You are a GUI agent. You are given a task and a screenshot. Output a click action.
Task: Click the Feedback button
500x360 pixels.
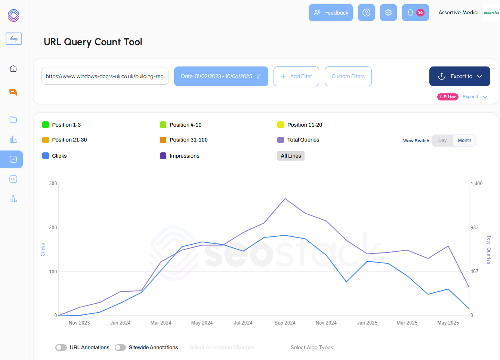pyautogui.click(x=331, y=13)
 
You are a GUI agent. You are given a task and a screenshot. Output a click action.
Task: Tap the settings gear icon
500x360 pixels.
pyautogui.click(x=388, y=13)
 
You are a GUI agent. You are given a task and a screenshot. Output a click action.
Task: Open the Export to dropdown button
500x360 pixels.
pyautogui.click(x=460, y=76)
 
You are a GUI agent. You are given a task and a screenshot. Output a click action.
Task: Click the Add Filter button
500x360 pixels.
pyautogui.click(x=296, y=76)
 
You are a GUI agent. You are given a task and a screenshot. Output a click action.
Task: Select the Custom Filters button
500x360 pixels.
pyautogui.click(x=348, y=76)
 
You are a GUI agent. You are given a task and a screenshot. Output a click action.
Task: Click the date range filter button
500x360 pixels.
pyautogui.click(x=221, y=76)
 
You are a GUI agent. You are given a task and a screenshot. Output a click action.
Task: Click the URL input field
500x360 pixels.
pyautogui.click(x=105, y=76)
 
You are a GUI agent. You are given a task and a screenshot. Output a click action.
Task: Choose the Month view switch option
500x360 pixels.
pyautogui.click(x=464, y=140)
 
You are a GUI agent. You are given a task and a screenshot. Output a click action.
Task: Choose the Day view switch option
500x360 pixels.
pyautogui.click(x=442, y=140)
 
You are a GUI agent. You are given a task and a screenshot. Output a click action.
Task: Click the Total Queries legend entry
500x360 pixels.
pyautogui.click(x=303, y=140)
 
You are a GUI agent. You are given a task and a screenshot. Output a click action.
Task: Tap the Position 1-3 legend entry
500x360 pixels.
pyautogui.click(x=66, y=125)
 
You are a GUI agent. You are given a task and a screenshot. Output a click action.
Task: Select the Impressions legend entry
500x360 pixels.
pyautogui.click(x=184, y=156)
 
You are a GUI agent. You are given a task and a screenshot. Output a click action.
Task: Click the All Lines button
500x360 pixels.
pyautogui.click(x=291, y=156)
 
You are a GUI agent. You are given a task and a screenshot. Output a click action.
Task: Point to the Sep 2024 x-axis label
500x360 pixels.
pyautogui.click(x=285, y=323)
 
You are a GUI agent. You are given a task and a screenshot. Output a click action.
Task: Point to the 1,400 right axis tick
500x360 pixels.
pyautogui.click(x=476, y=183)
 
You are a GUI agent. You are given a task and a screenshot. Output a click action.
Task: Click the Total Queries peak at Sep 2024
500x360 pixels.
pyautogui.click(x=285, y=199)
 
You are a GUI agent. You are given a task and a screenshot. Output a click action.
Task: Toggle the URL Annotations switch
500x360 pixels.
pyautogui.click(x=61, y=347)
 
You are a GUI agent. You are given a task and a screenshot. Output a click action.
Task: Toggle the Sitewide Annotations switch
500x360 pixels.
pyautogui.click(x=120, y=347)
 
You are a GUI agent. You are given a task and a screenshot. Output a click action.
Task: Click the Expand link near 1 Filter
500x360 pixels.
pyautogui.click(x=470, y=97)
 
